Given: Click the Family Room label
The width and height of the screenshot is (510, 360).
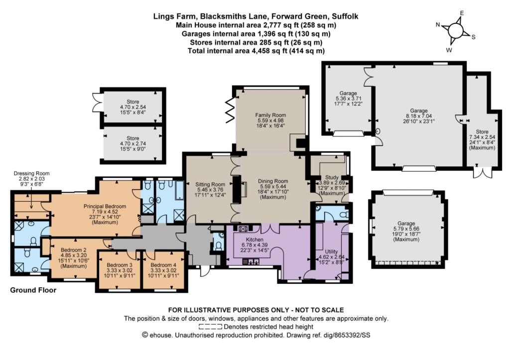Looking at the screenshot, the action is pyautogui.click(x=270, y=115).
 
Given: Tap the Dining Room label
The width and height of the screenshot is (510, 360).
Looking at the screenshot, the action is pyautogui.click(x=273, y=181).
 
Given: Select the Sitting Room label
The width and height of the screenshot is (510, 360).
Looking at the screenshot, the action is pyautogui.click(x=210, y=184).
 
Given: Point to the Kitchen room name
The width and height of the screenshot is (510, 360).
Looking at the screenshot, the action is pyautogui.click(x=255, y=240).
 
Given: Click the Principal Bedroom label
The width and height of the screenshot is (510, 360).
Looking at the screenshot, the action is pyautogui.click(x=105, y=206).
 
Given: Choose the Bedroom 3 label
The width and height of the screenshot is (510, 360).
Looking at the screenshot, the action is pyautogui.click(x=120, y=265).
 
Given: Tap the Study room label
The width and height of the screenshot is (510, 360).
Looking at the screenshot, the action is pyautogui.click(x=332, y=178).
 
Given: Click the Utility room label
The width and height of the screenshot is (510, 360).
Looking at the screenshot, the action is pyautogui.click(x=331, y=251).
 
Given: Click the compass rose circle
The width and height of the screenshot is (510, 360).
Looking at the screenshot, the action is pyautogui.click(x=455, y=31).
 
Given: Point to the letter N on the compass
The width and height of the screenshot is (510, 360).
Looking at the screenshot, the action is pyautogui.click(x=438, y=25).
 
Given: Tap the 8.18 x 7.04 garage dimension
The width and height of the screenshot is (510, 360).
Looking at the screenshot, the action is pyautogui.click(x=418, y=116).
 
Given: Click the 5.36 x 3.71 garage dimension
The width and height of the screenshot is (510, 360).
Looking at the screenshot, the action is pyautogui.click(x=348, y=99).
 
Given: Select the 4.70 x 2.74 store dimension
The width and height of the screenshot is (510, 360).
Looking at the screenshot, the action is pyautogui.click(x=132, y=143).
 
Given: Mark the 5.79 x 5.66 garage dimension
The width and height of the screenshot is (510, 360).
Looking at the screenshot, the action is pyautogui.click(x=406, y=229).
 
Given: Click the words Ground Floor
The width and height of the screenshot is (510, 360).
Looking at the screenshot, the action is pyautogui.click(x=33, y=290).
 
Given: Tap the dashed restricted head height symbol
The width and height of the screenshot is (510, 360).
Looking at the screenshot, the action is pyautogui.click(x=210, y=327).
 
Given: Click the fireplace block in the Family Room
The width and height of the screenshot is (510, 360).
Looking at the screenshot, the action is pyautogui.click(x=301, y=143).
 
